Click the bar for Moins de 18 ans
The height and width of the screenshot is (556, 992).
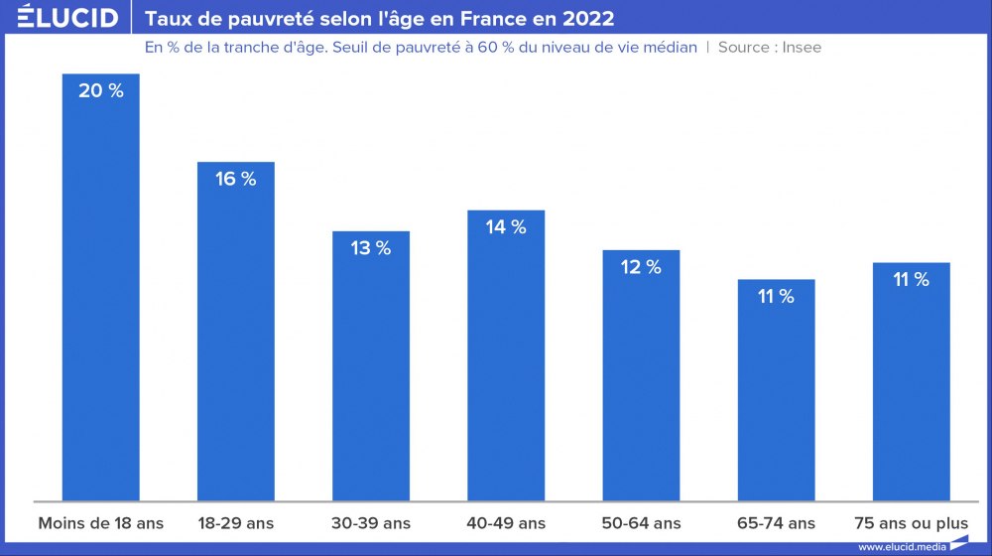pos(100,298)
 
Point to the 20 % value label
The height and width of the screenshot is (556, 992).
pos(100,91)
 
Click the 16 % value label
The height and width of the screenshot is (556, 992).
pos(235,180)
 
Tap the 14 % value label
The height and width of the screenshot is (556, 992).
pos(506,227)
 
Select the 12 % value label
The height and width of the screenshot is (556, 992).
pos(641,267)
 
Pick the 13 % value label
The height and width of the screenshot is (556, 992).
pos(370,248)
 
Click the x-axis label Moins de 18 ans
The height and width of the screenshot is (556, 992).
pos(100,523)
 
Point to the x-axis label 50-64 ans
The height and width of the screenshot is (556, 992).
pos(641,523)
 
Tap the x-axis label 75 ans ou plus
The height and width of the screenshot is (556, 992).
pos(911,523)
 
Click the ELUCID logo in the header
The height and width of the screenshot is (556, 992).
pos(66,18)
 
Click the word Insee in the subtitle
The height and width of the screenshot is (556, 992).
pos(802,47)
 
